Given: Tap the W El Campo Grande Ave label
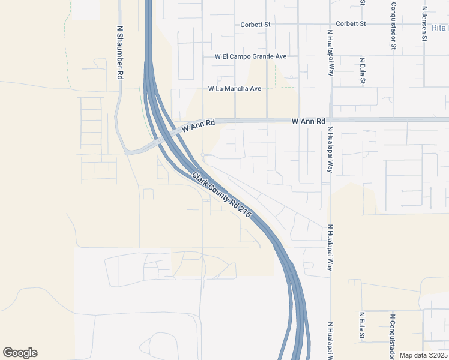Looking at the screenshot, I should click(251, 56).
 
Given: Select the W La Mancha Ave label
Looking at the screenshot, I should click(235, 88).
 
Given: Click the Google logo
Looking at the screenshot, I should click(20, 353).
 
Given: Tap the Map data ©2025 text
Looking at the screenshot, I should click(423, 355).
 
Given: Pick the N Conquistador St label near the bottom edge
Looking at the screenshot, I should click(393, 333).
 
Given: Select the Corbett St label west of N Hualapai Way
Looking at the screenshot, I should click(256, 25).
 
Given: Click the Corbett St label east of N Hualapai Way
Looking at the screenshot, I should click(351, 23).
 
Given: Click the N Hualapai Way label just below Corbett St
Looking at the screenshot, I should click(330, 52).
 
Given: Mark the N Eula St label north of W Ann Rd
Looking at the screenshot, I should click(362, 71).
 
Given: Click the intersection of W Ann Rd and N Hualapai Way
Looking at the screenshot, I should click(330, 120).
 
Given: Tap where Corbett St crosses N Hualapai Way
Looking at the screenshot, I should click(330, 24).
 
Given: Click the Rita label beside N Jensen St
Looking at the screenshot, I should click(439, 28).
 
